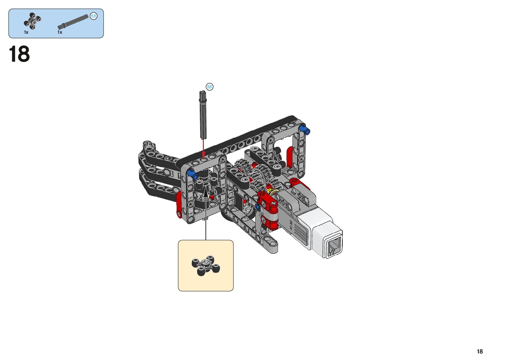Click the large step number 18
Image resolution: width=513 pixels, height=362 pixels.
coord(19,54)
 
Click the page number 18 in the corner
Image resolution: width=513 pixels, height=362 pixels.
coord(480,351)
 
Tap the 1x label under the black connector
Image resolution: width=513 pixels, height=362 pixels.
coord(26,33)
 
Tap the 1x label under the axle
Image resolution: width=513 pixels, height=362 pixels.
coord(60,33)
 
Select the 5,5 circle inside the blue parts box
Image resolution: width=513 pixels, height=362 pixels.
coord(94,16)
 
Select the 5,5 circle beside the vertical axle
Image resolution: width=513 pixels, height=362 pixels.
coord(209,87)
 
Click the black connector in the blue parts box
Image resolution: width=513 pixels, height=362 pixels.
coord(33,21)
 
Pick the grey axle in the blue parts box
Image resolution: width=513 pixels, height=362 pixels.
coord(73,22)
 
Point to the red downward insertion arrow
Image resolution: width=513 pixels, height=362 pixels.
coord(203,149)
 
